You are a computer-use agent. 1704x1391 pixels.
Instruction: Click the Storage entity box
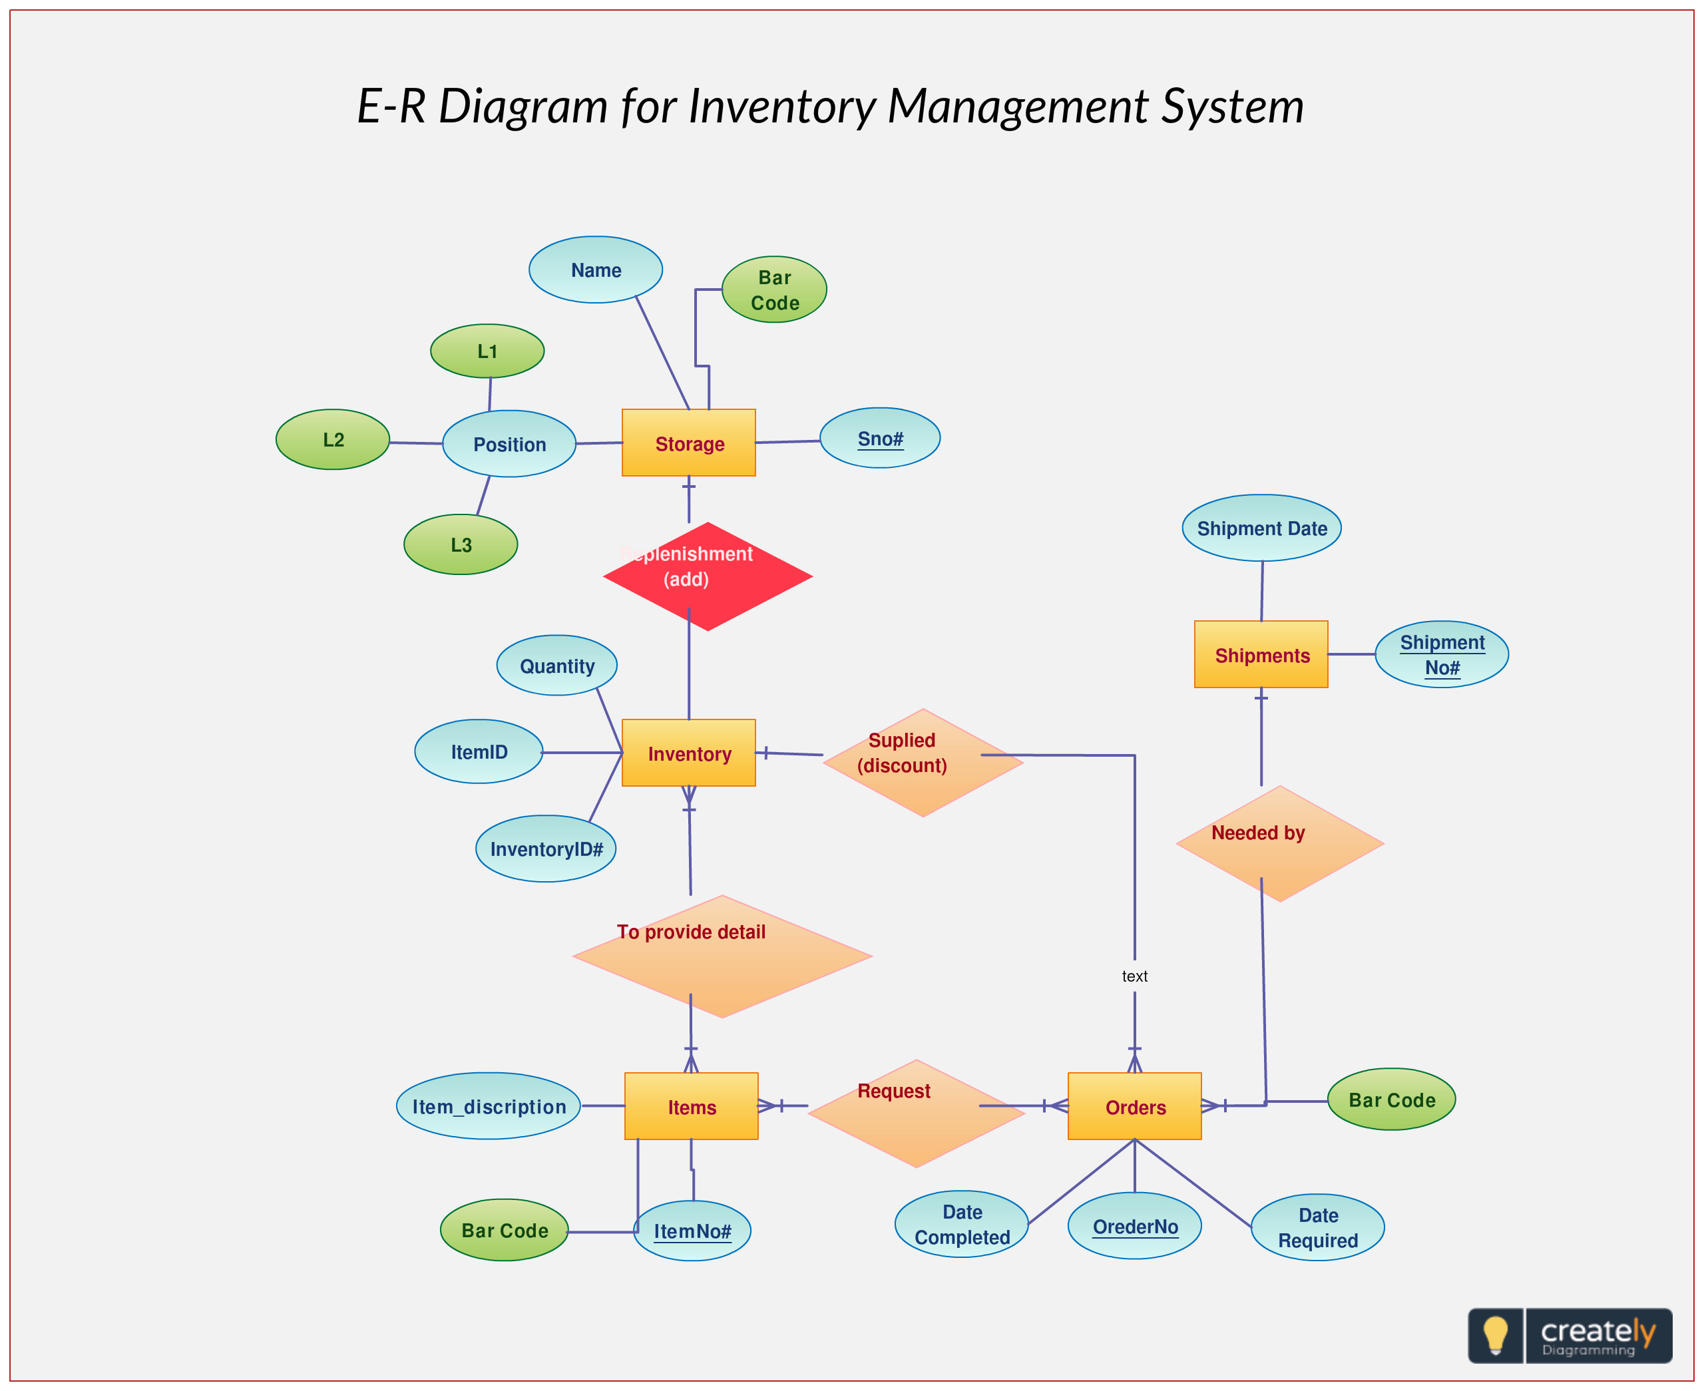coord(688,443)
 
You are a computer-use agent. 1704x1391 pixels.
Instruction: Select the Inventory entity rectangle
coord(688,753)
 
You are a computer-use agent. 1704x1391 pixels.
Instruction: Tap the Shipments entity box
coord(1261,655)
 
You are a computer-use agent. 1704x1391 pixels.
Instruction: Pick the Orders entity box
coord(1134,1107)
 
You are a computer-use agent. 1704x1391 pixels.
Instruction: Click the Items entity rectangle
coord(690,1107)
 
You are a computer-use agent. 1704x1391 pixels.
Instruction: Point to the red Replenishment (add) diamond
coord(708,576)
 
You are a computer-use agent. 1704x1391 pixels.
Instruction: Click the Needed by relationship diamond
coord(1279,844)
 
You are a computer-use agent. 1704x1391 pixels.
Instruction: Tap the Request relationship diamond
coord(916,1113)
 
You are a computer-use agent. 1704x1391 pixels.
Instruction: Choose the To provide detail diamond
coord(721,956)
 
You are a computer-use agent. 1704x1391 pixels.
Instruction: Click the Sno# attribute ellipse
coord(880,439)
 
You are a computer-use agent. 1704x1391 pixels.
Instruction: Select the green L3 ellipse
coord(461,545)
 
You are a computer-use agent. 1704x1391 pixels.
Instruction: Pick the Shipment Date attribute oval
coord(1261,528)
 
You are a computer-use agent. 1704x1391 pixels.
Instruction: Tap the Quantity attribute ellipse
coord(556,666)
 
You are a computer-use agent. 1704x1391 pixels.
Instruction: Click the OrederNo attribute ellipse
coord(1134,1226)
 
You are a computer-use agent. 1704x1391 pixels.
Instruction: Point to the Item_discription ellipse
coord(488,1107)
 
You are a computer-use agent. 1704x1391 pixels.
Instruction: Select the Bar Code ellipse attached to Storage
coord(774,290)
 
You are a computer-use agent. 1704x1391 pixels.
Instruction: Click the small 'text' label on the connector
coord(1134,976)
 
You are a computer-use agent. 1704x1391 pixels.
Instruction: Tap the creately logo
coord(1570,1336)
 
